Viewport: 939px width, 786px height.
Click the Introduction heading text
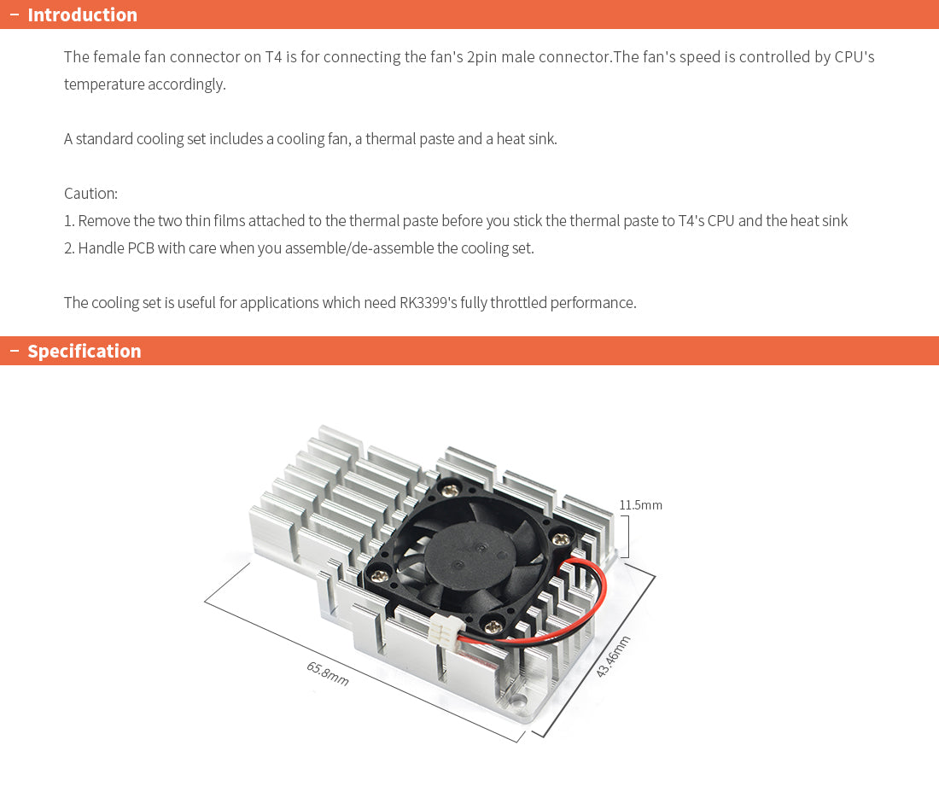click(82, 15)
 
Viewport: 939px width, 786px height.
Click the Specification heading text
click(84, 351)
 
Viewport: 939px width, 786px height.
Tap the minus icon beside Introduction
click(14, 15)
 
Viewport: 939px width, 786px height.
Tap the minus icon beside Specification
click(14, 351)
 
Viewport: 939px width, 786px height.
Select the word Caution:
click(90, 193)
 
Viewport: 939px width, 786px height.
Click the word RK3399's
click(427, 302)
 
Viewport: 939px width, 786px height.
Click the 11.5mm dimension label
click(640, 504)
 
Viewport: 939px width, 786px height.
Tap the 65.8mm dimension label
click(328, 673)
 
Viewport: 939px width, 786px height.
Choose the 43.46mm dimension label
click(613, 656)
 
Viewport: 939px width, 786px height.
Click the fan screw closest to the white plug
click(493, 627)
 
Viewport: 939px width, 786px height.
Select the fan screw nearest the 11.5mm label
click(562, 537)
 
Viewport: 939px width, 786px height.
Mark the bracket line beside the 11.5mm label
click(627, 536)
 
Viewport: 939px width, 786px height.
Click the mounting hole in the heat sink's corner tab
click(516, 704)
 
